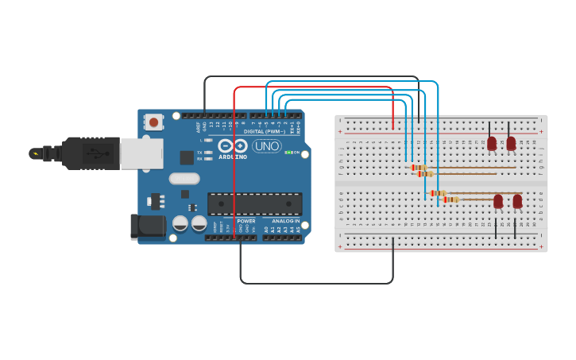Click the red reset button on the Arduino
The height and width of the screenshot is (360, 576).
point(153,122)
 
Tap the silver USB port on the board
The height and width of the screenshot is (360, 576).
point(141,153)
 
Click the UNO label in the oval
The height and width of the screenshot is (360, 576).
point(266,146)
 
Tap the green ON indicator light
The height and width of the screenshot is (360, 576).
point(288,152)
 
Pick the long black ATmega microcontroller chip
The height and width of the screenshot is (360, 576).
point(254,203)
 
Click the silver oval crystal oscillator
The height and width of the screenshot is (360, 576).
point(184,179)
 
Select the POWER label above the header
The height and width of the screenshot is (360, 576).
point(246,221)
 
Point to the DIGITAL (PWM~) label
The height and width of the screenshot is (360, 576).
point(265,131)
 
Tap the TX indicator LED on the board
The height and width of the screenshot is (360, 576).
point(209,152)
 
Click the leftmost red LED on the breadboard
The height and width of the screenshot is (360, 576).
point(492,143)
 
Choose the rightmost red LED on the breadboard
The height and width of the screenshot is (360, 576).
point(517,201)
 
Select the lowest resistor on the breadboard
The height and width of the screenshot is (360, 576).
point(450,199)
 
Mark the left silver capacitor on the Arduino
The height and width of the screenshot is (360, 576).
point(180,224)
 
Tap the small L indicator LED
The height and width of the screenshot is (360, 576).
point(209,141)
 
